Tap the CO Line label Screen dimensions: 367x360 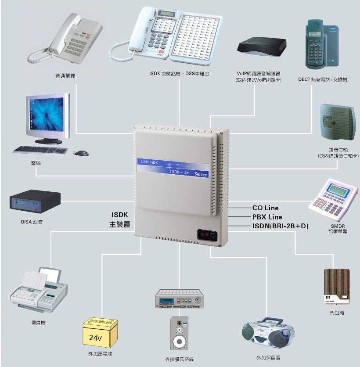click(x=265, y=208)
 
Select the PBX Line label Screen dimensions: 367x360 click(x=267, y=217)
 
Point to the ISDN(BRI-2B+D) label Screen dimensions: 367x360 click(x=280, y=226)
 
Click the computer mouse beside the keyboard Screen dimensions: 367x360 click(x=81, y=153)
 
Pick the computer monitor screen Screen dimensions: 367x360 click(x=47, y=116)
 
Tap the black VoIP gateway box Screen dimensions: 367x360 click(x=261, y=47)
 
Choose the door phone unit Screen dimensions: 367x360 click(x=337, y=286)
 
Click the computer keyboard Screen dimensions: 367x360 click(x=40, y=150)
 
